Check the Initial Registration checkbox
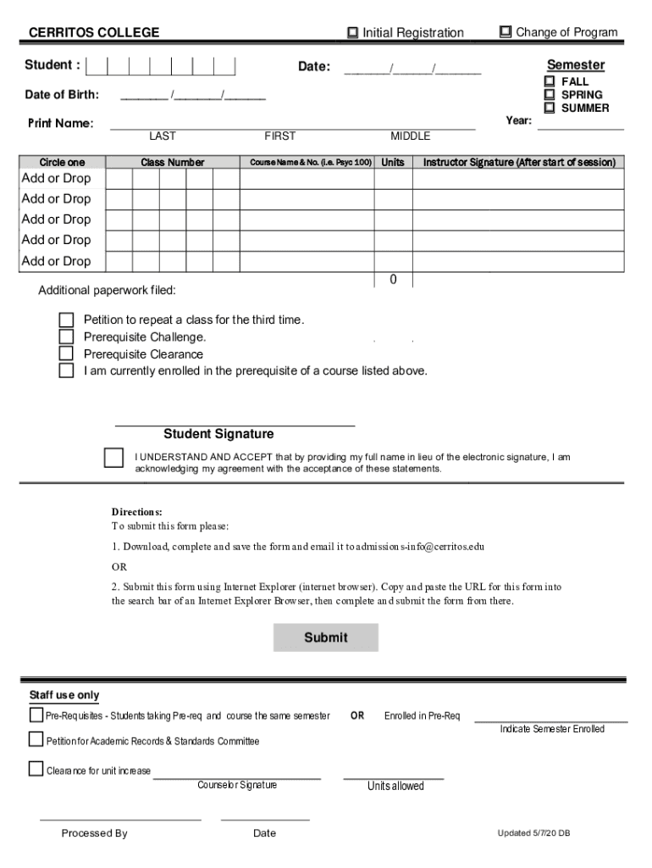click(352, 32)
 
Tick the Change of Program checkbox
click(506, 32)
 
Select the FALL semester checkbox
click(550, 81)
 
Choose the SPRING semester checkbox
click(550, 95)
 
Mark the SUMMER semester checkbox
click(550, 108)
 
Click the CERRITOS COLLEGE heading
click(94, 33)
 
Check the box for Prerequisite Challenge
click(66, 337)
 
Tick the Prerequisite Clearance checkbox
click(66, 354)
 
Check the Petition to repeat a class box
click(66, 320)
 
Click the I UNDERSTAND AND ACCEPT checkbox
click(113, 458)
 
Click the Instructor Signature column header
click(519, 162)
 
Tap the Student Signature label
click(218, 434)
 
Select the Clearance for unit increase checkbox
click(36, 769)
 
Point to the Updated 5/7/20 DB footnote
click(533, 833)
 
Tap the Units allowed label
click(395, 786)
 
